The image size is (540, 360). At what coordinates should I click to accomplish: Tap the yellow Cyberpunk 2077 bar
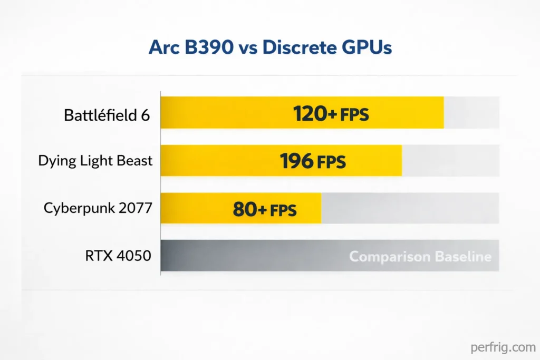(x=195, y=209)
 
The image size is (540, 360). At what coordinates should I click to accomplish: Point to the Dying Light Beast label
(x=95, y=161)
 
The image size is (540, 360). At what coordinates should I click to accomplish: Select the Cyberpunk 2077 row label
(x=98, y=208)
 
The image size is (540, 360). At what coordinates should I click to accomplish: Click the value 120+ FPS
(x=331, y=113)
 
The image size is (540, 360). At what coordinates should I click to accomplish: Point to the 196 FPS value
(x=313, y=161)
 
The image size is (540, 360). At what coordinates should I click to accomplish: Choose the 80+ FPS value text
(x=265, y=209)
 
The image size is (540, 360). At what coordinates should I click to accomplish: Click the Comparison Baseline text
(x=420, y=257)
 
